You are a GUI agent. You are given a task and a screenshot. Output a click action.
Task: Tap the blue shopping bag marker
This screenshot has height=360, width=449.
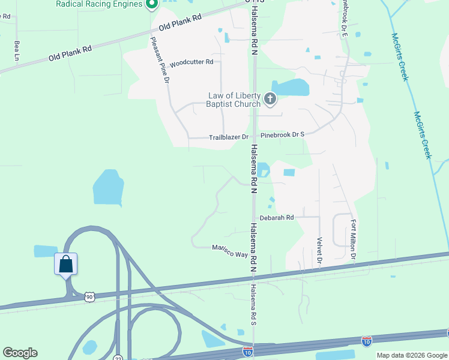(x=65, y=264)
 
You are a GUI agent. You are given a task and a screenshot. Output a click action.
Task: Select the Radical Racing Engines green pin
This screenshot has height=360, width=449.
(x=151, y=4)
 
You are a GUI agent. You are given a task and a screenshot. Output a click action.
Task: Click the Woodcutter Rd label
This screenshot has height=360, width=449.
(x=191, y=62)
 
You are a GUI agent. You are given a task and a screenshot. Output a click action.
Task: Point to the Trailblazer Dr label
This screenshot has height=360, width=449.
(x=228, y=137)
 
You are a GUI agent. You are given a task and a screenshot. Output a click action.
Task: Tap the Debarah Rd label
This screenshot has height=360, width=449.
(x=277, y=218)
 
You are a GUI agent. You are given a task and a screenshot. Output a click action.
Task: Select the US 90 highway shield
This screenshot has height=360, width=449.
(x=89, y=297)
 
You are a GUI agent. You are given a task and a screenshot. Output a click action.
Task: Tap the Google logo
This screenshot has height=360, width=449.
(x=20, y=353)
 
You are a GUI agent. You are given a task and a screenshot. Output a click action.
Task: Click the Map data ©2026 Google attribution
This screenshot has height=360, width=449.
(x=412, y=355)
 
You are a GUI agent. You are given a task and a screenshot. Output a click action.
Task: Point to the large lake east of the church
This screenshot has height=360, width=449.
(x=290, y=88)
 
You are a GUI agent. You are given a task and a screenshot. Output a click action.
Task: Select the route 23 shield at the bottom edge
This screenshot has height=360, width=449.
(x=117, y=357)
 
